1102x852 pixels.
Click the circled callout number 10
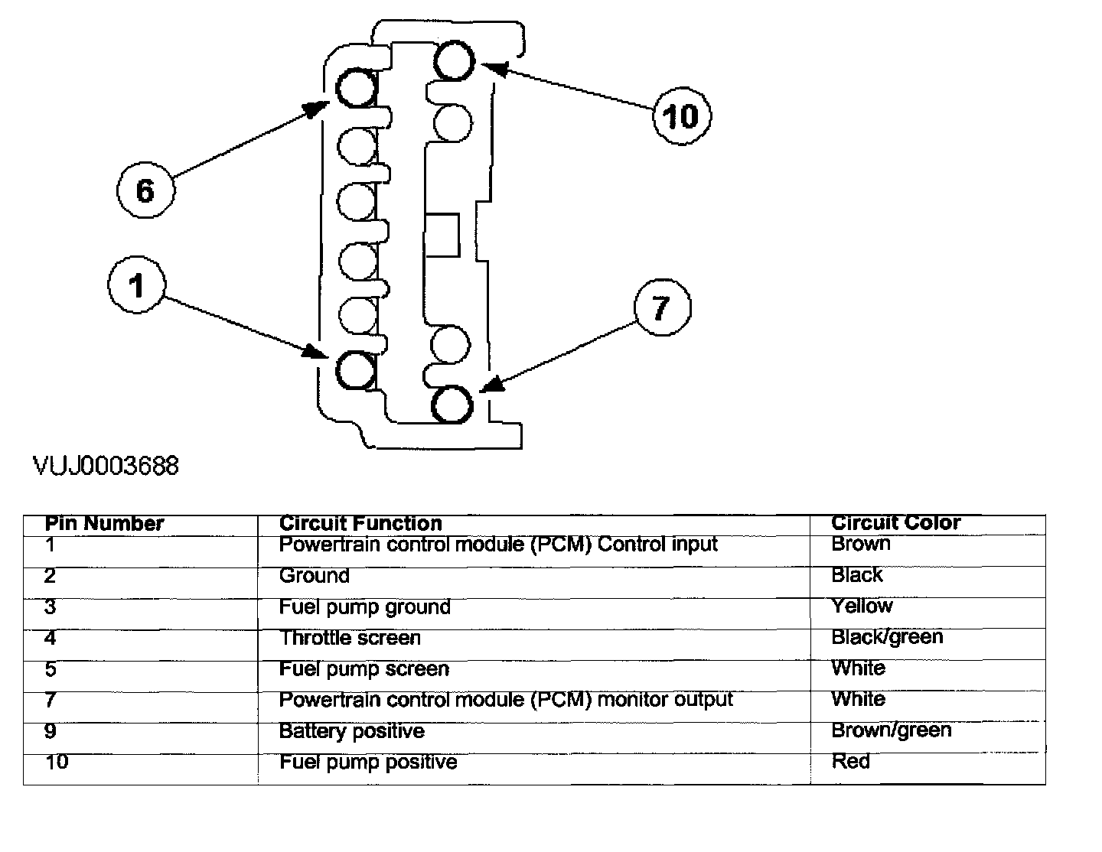tap(681, 116)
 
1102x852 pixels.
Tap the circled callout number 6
tap(145, 190)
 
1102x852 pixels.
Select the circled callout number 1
tap(136, 286)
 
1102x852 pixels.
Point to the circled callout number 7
tap(661, 308)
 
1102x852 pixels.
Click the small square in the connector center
tap(442, 235)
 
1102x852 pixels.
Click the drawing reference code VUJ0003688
tap(106, 466)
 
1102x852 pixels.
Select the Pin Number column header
tap(104, 524)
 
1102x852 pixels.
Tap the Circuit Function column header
tap(360, 524)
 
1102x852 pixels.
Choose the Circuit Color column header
tap(895, 523)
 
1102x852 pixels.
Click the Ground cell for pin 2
tap(315, 575)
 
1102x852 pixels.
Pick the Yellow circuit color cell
tap(862, 606)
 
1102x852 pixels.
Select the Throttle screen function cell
tap(350, 638)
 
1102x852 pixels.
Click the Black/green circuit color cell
tap(887, 637)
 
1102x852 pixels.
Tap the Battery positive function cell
tap(351, 731)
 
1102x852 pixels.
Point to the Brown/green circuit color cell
tap(891, 730)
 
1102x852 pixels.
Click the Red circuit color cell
tap(850, 762)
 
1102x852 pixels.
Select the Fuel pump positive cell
tap(368, 763)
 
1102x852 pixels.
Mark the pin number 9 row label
tap(51, 731)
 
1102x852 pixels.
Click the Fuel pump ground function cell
tap(364, 607)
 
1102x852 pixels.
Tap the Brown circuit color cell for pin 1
tap(861, 544)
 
